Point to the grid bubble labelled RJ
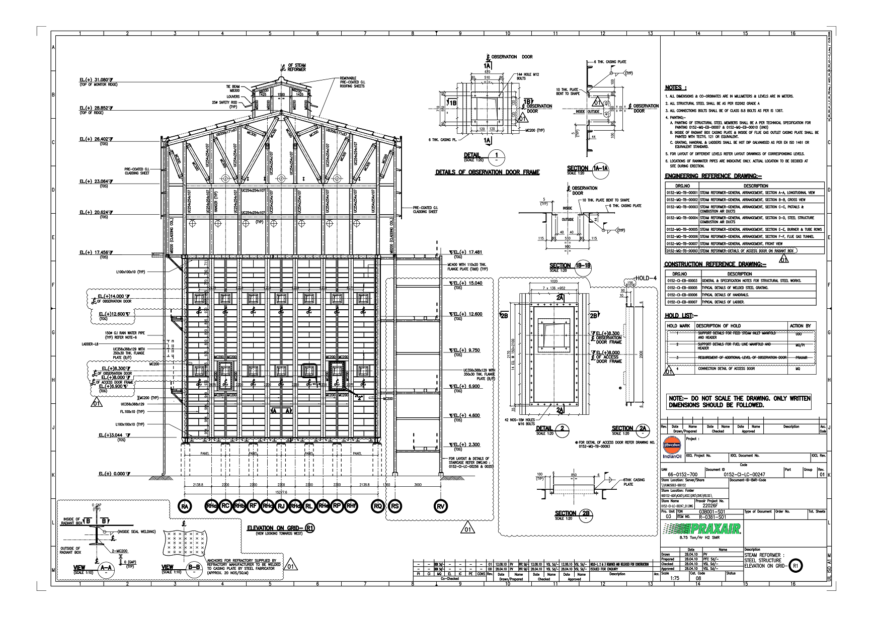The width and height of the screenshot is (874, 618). [281, 506]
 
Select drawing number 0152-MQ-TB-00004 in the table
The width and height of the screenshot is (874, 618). [682, 218]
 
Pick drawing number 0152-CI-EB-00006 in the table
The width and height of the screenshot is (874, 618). [682, 295]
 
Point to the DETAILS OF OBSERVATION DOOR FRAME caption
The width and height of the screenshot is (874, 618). [487, 172]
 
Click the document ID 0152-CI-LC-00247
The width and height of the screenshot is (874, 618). [744, 474]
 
